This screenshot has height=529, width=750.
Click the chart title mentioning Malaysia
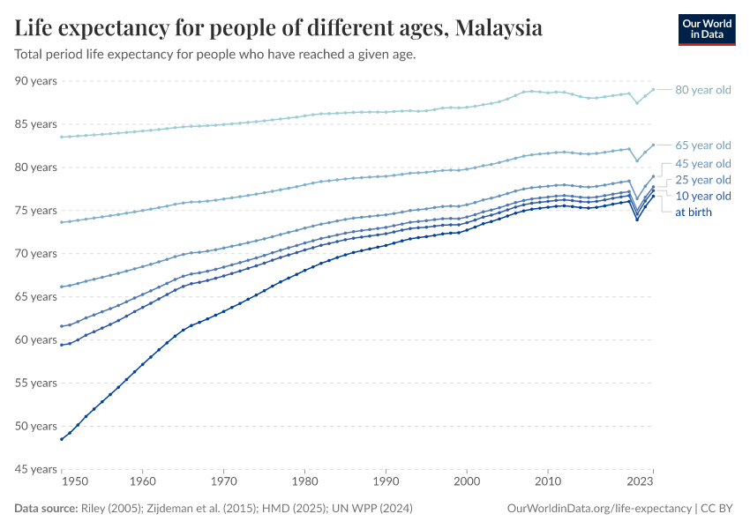pos(278,28)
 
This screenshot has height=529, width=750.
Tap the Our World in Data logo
pos(706,29)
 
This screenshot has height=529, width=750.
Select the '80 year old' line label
pos(702,90)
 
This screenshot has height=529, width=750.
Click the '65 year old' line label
pos(702,145)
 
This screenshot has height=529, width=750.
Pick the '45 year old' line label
pos(702,164)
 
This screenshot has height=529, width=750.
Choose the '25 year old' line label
pos(702,180)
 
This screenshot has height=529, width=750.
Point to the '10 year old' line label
pos(702,196)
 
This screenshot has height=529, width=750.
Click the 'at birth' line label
pos(694,212)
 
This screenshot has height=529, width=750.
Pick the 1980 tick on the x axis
pos(304,482)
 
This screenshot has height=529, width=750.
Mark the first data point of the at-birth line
pos(61,439)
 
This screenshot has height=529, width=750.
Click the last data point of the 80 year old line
pos(653,89)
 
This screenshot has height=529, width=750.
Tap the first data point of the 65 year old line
pos(61,222)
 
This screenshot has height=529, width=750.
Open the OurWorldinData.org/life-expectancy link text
pos(600,509)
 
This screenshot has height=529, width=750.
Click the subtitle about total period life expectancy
pos(215,55)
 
